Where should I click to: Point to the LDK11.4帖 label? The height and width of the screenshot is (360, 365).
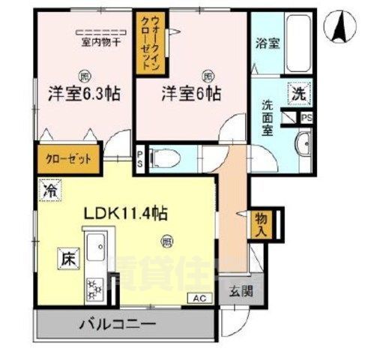tap(124, 213)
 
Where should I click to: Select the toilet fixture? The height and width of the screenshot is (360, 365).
tap(163, 158)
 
